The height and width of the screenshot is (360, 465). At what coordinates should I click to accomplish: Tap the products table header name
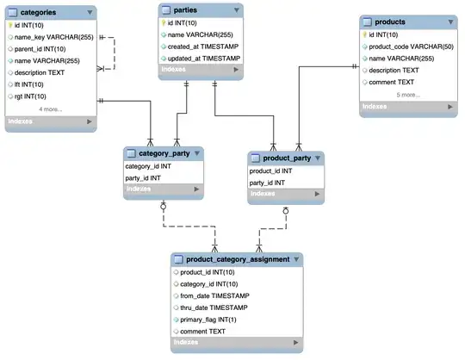(x=393, y=22)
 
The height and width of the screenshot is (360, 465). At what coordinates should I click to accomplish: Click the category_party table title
(x=158, y=153)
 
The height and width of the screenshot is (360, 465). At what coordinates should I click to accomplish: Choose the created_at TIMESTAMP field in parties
(x=204, y=46)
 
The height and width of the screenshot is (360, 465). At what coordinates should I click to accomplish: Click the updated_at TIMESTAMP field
(x=205, y=58)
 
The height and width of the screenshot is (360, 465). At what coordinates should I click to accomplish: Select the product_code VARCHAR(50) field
(x=410, y=46)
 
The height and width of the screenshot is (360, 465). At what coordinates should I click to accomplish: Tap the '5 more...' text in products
(x=409, y=94)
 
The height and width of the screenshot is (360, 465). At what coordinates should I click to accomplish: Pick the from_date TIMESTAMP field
(x=214, y=295)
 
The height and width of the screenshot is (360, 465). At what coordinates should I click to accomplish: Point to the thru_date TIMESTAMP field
(x=214, y=307)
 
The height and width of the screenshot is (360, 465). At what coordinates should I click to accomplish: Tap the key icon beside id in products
(x=365, y=34)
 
